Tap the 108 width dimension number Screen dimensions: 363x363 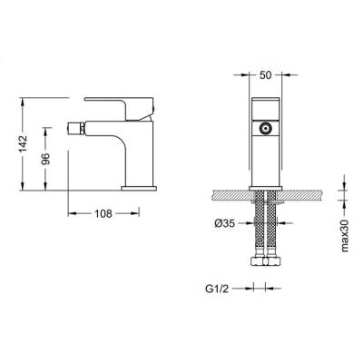click(x=104, y=216)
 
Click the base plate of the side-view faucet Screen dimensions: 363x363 click(x=140, y=187)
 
